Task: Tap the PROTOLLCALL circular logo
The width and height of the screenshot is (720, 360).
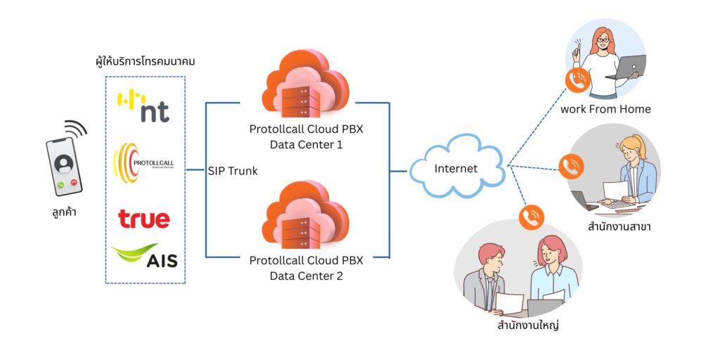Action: (x=143, y=163)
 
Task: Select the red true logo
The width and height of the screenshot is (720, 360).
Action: (x=144, y=219)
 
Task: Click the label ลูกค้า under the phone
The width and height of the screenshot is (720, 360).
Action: (x=63, y=210)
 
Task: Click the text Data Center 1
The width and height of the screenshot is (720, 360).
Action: (x=306, y=145)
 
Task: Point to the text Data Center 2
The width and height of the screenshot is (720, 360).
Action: (x=306, y=276)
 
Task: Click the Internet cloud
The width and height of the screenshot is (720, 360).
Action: (x=456, y=169)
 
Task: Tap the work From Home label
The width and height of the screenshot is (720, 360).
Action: (x=605, y=109)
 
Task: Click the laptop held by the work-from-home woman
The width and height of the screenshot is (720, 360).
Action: (x=624, y=67)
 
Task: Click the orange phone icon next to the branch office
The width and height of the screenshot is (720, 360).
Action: (x=571, y=166)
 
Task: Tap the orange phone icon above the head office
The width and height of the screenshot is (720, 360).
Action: (x=532, y=217)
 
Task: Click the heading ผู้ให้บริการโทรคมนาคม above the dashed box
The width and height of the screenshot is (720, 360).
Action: (x=145, y=62)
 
